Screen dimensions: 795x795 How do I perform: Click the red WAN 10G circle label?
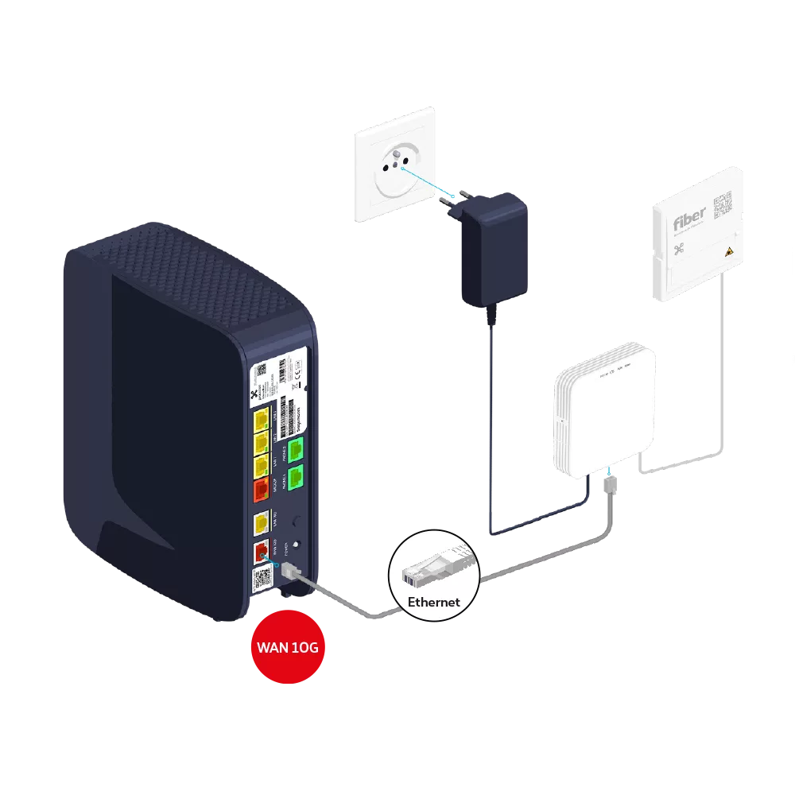click(x=288, y=647)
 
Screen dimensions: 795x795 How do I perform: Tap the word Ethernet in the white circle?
click(x=434, y=602)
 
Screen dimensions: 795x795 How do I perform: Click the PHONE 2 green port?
click(x=296, y=451)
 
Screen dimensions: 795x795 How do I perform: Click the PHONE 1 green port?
click(x=296, y=478)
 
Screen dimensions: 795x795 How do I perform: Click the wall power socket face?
click(x=394, y=166)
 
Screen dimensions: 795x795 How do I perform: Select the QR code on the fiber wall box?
click(x=723, y=204)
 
